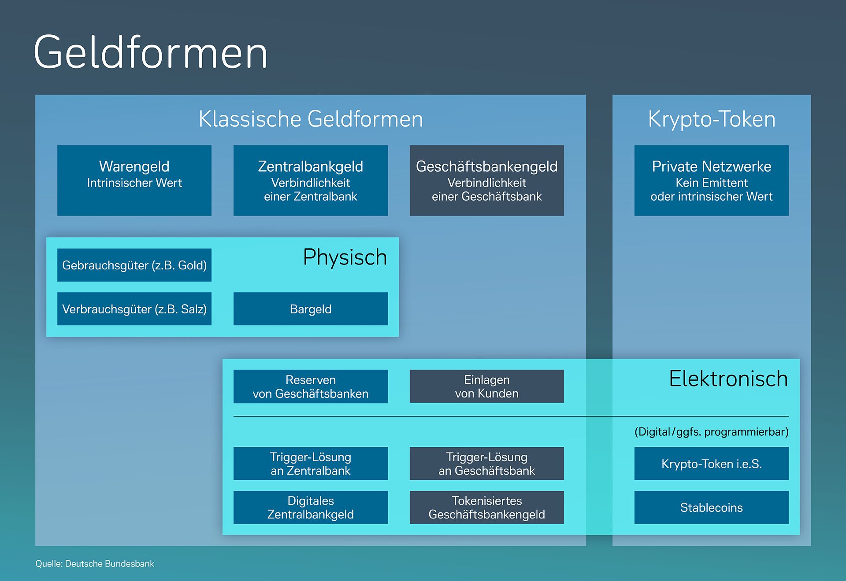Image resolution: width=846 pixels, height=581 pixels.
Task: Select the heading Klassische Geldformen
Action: coord(311,119)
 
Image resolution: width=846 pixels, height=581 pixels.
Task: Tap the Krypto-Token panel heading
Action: coord(711,119)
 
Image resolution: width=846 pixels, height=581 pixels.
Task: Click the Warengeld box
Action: coord(134,180)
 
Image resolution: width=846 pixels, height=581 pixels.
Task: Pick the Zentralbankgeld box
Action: coord(311,180)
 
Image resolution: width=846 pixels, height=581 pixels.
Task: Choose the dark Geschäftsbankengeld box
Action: coord(486,180)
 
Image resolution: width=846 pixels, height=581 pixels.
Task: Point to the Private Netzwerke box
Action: coord(711,180)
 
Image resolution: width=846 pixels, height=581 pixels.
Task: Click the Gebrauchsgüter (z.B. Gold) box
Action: coord(134,265)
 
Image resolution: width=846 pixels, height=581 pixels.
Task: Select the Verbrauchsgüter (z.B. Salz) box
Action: coord(134,309)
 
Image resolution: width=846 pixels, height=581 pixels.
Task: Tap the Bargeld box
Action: coord(311,309)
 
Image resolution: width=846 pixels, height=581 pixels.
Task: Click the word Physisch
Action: coord(345,257)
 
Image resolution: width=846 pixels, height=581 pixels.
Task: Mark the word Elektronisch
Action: coord(728,379)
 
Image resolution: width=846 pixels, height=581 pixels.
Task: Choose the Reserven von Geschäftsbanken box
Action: coord(311,386)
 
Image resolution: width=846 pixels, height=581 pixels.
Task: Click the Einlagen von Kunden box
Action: coord(486,386)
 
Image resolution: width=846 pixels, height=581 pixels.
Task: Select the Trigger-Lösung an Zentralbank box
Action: coord(311,463)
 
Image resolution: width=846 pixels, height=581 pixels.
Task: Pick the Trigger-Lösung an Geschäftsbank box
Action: coord(486,463)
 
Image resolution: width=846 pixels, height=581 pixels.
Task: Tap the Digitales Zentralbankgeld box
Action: coord(311,507)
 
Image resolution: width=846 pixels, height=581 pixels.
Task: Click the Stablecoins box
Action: coord(711,507)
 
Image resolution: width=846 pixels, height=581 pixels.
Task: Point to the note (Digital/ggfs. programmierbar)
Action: coord(711,432)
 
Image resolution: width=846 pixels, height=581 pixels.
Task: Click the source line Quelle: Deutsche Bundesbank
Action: coord(95,564)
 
